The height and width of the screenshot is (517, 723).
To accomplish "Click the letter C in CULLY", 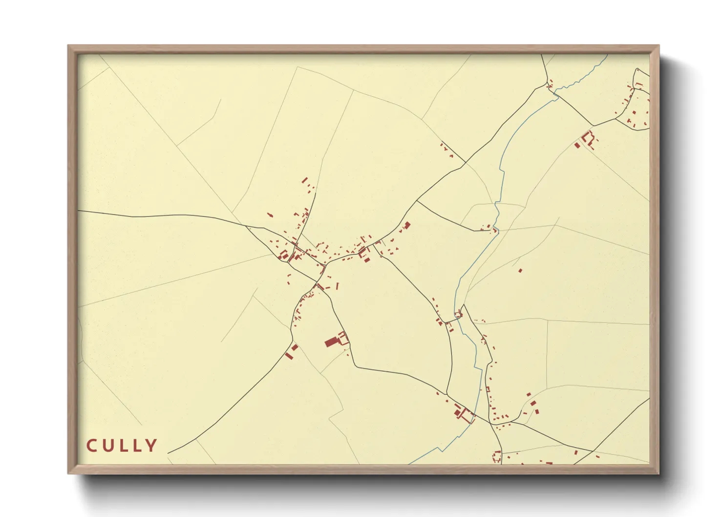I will click(x=91, y=446).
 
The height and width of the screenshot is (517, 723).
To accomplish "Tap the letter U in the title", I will click(x=108, y=446).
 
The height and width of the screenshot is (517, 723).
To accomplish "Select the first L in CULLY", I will click(x=123, y=446).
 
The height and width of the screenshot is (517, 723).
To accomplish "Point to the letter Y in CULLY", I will click(x=151, y=446).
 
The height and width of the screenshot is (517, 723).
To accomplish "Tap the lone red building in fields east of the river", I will click(x=520, y=270).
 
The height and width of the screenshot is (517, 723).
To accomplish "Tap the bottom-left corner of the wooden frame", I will click(x=68, y=473).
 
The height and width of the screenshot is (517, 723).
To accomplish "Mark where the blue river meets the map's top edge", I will click(x=607, y=55).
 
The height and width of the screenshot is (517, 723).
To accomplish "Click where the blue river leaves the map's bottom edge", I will click(x=409, y=463).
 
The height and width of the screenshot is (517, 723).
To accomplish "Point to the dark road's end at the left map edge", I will click(x=79, y=211).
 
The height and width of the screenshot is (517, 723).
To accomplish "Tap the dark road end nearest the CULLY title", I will click(x=168, y=453).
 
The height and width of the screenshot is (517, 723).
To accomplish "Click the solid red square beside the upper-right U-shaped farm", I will click(x=577, y=145).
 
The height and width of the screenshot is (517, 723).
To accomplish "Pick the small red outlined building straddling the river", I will click(x=458, y=315).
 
